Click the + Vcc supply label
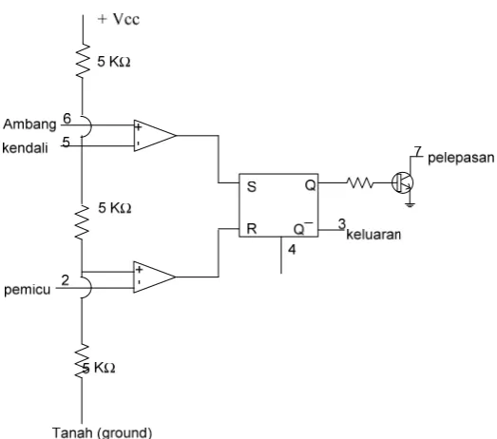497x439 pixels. (x=119, y=19)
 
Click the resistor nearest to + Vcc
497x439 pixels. (x=83, y=61)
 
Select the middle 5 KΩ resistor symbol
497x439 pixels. (x=82, y=222)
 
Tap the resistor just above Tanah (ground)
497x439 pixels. (x=82, y=361)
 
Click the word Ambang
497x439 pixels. (x=29, y=124)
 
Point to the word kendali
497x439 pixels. (x=25, y=147)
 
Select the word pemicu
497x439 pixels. (x=28, y=290)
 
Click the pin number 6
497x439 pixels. (x=67, y=119)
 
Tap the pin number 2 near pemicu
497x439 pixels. (x=65, y=280)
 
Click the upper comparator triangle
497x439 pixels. (x=154, y=136)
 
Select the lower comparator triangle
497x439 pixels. (x=154, y=277)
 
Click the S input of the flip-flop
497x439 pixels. (x=252, y=186)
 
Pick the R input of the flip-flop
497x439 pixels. (x=252, y=229)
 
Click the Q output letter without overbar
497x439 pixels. (x=311, y=185)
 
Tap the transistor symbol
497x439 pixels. (x=403, y=182)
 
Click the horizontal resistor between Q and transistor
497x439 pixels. (x=360, y=182)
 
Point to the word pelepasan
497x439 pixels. (x=461, y=158)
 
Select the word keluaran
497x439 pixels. (x=373, y=235)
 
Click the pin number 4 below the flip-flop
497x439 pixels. (x=292, y=250)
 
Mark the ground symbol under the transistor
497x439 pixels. (x=411, y=204)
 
